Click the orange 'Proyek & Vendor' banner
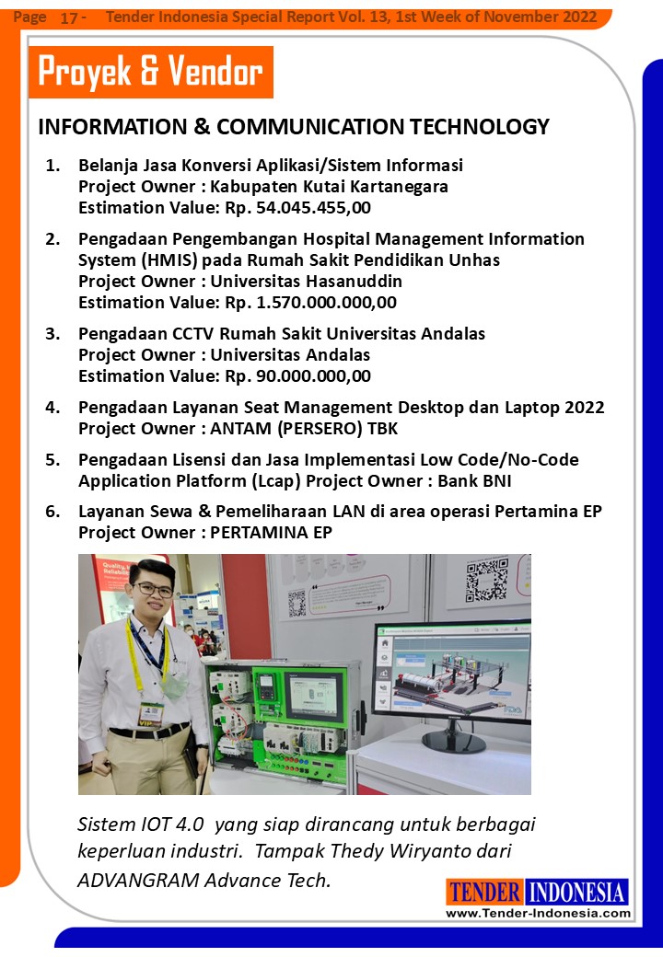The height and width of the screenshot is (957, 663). click(151, 73)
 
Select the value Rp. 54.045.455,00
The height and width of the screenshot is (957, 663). click(297, 207)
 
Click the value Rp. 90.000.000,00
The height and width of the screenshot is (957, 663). click(297, 375)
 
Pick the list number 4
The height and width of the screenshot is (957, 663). click(53, 407)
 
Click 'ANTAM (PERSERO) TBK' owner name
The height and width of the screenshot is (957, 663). click(304, 428)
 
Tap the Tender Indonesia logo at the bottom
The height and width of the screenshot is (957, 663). click(538, 892)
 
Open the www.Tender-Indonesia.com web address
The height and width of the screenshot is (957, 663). click(538, 913)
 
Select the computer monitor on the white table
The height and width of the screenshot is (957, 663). click(450, 676)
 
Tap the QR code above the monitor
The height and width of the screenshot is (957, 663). click(486, 579)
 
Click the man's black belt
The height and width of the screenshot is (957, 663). click(148, 732)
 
